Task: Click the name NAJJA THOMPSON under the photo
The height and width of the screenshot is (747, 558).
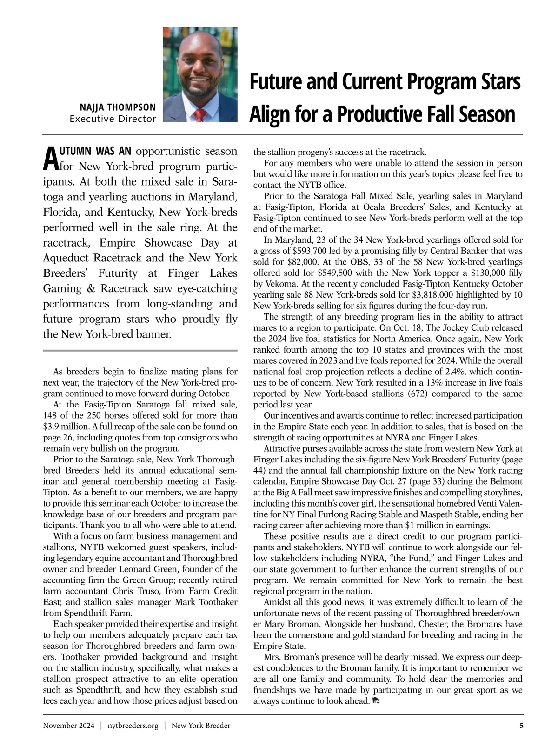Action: [x=118, y=107]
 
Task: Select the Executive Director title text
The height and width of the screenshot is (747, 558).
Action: [x=113, y=119]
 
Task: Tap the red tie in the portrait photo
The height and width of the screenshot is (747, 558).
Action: [x=199, y=115]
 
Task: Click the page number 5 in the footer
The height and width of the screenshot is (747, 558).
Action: [x=521, y=725]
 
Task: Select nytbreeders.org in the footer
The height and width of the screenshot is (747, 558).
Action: [x=133, y=725]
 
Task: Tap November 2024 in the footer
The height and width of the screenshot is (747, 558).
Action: [x=68, y=725]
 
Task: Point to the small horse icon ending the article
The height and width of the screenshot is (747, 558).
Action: [x=376, y=701]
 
